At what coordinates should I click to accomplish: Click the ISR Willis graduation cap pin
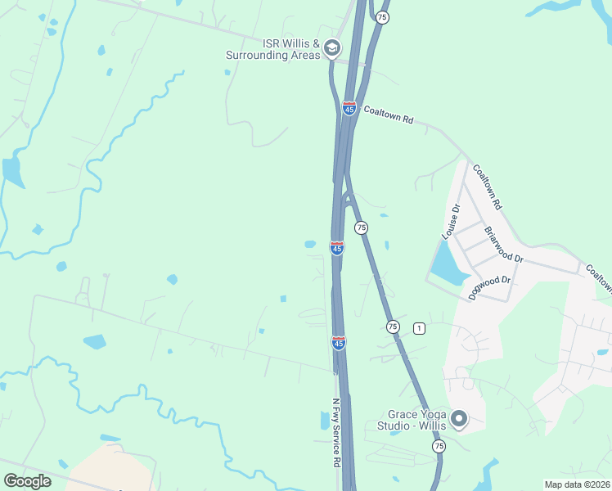pyautogui.click(x=331, y=48)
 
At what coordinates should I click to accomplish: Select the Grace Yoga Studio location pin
pyautogui.click(x=458, y=420)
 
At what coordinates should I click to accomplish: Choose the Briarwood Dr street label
pyautogui.click(x=503, y=245)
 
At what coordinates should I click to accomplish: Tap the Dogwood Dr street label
pyautogui.click(x=489, y=288)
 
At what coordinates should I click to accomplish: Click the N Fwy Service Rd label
pyautogui.click(x=336, y=434)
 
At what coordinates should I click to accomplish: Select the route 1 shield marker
pyautogui.click(x=419, y=328)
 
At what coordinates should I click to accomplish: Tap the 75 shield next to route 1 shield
pyautogui.click(x=393, y=326)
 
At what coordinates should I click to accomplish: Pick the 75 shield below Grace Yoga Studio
pyautogui.click(x=439, y=446)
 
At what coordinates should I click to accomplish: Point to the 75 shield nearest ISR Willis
pyautogui.click(x=382, y=17)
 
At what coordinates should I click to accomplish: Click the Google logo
pyautogui.click(x=27, y=481)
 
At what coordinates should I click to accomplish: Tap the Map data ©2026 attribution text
pyautogui.click(x=577, y=484)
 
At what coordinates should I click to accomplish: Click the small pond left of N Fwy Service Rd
pyautogui.click(x=325, y=421)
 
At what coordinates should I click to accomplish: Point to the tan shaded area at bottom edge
pyautogui.click(x=110, y=471)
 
